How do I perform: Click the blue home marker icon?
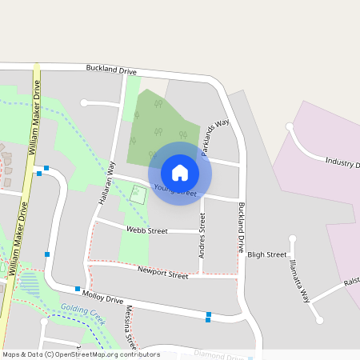click(180, 172)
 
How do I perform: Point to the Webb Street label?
click(146, 230)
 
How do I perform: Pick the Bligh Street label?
click(266, 254)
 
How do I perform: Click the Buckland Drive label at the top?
click(111, 70)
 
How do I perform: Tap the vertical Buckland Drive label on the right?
click(241, 227)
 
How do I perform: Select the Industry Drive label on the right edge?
click(342, 163)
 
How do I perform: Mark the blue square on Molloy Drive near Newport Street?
click(78, 289)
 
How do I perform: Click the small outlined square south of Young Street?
click(139, 194)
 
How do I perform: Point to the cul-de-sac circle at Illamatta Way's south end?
click(320, 320)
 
